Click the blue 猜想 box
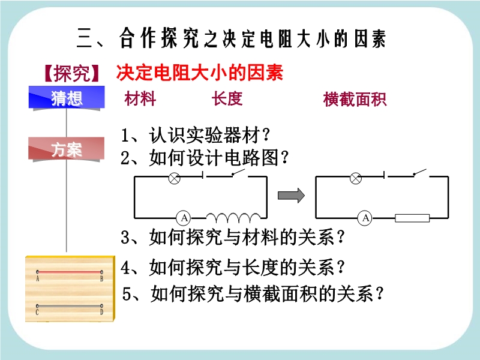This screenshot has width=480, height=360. (x=67, y=97)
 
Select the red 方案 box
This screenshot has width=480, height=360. (x=67, y=149)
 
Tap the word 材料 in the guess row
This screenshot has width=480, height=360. (x=140, y=98)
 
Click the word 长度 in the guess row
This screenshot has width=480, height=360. (x=227, y=98)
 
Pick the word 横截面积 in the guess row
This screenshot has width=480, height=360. (x=355, y=99)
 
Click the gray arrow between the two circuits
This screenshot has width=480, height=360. (x=291, y=196)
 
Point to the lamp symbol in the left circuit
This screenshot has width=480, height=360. (x=175, y=178)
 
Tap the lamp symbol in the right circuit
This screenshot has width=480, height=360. (x=355, y=178)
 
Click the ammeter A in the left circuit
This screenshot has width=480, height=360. (x=184, y=218)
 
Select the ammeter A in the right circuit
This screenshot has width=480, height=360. (x=365, y=218)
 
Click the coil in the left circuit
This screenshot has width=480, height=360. (x=233, y=218)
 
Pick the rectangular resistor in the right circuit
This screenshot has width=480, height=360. (x=412, y=218)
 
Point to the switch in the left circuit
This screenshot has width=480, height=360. (x=239, y=173)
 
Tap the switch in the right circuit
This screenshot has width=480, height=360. (x=420, y=173)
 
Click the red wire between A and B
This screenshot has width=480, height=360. (x=70, y=272)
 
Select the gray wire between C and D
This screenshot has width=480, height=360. (x=70, y=306)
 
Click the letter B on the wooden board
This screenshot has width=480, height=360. (x=101, y=279)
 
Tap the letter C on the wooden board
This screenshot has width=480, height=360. (x=37, y=313)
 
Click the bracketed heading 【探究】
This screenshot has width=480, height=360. (x=71, y=73)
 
